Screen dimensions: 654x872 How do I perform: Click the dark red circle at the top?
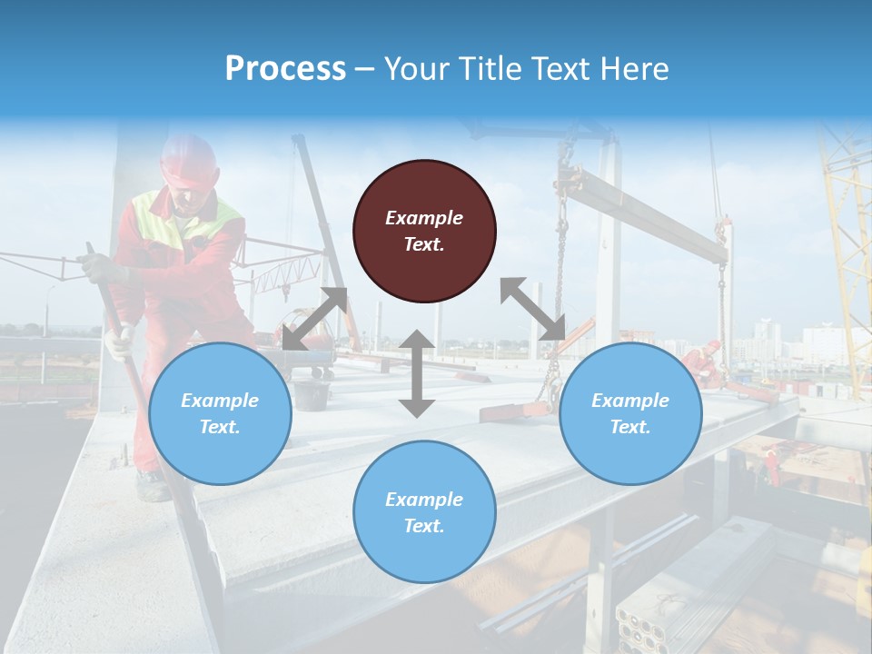(424, 231)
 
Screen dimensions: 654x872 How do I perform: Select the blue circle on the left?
(220, 413)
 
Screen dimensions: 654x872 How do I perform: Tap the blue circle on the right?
(630, 413)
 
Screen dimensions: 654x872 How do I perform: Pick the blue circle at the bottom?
(424, 511)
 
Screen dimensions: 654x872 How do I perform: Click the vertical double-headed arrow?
(417, 373)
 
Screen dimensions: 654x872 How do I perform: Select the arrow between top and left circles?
(314, 319)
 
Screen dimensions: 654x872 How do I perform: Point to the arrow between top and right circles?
(532, 309)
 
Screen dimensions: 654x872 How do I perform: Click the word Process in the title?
(285, 68)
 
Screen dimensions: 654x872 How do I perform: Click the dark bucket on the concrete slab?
(312, 395)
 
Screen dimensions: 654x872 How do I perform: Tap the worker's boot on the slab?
(153, 487)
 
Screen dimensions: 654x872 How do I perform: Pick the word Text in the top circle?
(424, 244)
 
